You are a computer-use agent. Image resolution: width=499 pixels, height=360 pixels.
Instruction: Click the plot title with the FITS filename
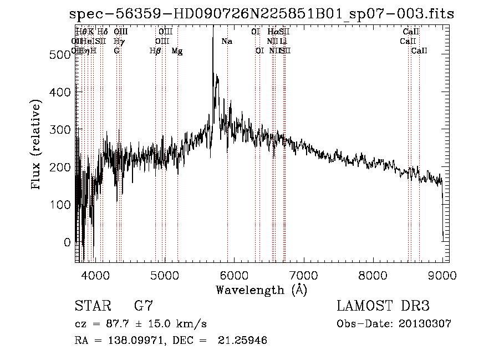pyautogui.click(x=261, y=14)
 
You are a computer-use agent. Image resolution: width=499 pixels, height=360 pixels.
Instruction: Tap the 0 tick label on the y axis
pyautogui.click(x=68, y=242)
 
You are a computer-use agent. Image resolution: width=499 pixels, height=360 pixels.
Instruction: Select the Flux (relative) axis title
pyautogui.click(x=37, y=145)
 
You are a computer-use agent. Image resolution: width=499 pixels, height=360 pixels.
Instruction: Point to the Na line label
pyautogui.click(x=227, y=42)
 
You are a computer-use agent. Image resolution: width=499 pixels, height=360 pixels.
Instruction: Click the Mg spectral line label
pyautogui.click(x=177, y=51)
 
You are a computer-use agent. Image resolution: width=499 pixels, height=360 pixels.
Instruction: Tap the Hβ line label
pyautogui.click(x=155, y=51)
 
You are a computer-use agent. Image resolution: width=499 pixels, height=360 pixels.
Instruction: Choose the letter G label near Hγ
pyautogui.click(x=116, y=51)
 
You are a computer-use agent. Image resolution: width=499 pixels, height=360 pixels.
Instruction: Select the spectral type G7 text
pyautogui.click(x=143, y=306)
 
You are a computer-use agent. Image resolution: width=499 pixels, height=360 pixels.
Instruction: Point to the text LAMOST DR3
pyautogui.click(x=383, y=306)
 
